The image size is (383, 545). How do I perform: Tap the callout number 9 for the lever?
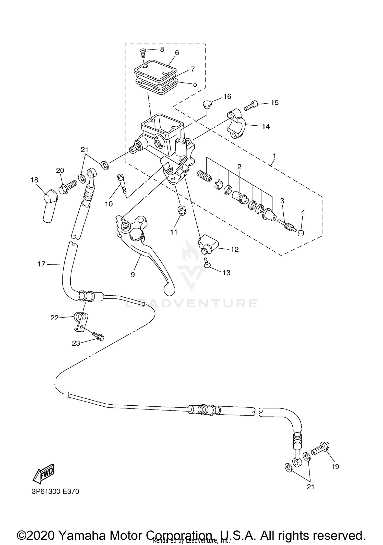[133, 274]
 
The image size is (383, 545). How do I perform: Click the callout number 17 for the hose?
[41, 264]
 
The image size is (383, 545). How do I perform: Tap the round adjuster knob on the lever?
[136, 234]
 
